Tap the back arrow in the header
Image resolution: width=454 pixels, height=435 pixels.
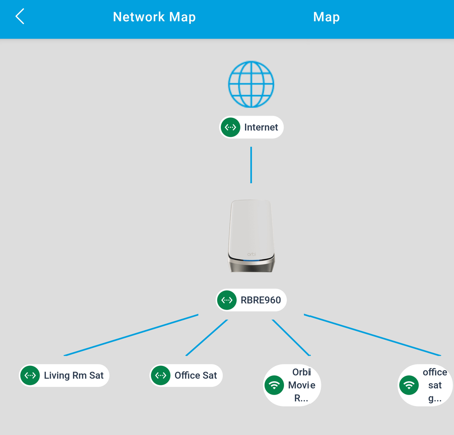pyautogui.click(x=20, y=17)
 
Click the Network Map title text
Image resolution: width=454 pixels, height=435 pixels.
pyautogui.click(x=154, y=17)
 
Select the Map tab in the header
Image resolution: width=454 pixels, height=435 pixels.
pyautogui.click(x=326, y=17)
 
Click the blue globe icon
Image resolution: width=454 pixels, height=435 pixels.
pyautogui.click(x=251, y=85)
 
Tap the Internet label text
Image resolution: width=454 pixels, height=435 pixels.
pyautogui.click(x=261, y=127)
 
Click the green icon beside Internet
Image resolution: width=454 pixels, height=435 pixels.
pyautogui.click(x=231, y=127)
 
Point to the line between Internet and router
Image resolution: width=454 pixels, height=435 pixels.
pyautogui.click(x=251, y=165)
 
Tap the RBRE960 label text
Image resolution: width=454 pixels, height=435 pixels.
pyautogui.click(x=261, y=300)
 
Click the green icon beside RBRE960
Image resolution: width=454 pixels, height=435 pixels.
pyautogui.click(x=227, y=300)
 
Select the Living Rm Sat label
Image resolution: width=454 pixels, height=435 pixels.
pyautogui.click(x=74, y=375)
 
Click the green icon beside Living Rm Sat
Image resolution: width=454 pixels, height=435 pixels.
pyautogui.click(x=30, y=375)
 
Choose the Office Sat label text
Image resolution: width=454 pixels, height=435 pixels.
pyautogui.click(x=195, y=375)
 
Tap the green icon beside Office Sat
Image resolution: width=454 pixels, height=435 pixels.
pyautogui.click(x=160, y=375)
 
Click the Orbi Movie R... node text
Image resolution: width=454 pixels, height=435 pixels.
pyautogui.click(x=301, y=385)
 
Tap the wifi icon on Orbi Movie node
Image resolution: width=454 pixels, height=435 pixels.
pyautogui.click(x=274, y=385)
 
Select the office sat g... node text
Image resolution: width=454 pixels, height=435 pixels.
pyautogui.click(x=435, y=385)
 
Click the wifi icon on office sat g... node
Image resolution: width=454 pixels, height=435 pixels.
pyautogui.click(x=409, y=385)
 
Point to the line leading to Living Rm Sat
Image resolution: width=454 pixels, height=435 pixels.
pyautogui.click(x=131, y=335)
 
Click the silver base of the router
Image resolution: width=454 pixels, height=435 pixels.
pyautogui.click(x=251, y=264)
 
